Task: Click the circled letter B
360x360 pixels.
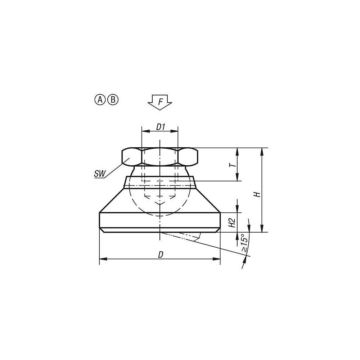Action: click(x=112, y=100)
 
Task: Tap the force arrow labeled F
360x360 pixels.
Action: click(x=161, y=102)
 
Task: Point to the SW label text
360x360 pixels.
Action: click(x=99, y=174)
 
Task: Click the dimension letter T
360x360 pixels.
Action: click(x=233, y=165)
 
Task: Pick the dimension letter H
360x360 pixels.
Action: click(x=257, y=194)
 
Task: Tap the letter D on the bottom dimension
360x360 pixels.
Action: click(x=161, y=255)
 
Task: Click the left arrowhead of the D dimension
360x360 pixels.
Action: click(x=102, y=259)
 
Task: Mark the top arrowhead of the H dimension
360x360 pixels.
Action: click(x=262, y=151)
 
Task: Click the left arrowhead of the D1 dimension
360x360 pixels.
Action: click(x=144, y=131)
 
